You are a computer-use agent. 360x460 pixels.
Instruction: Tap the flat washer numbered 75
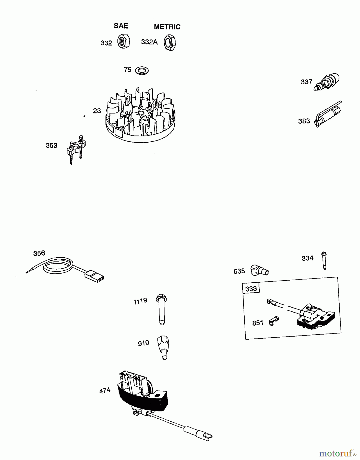[142, 70]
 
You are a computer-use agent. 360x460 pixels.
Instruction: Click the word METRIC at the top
[167, 27]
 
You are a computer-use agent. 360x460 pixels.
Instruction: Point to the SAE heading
[121, 26]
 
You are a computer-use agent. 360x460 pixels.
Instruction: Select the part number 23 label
[97, 111]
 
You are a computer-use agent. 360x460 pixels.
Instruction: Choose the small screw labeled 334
[324, 260]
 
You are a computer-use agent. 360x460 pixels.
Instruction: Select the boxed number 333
[251, 289]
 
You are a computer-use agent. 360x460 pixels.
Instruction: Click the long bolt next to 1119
[161, 309]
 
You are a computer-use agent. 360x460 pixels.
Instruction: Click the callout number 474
[105, 391]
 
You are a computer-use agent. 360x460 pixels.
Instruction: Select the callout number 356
[39, 253]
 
